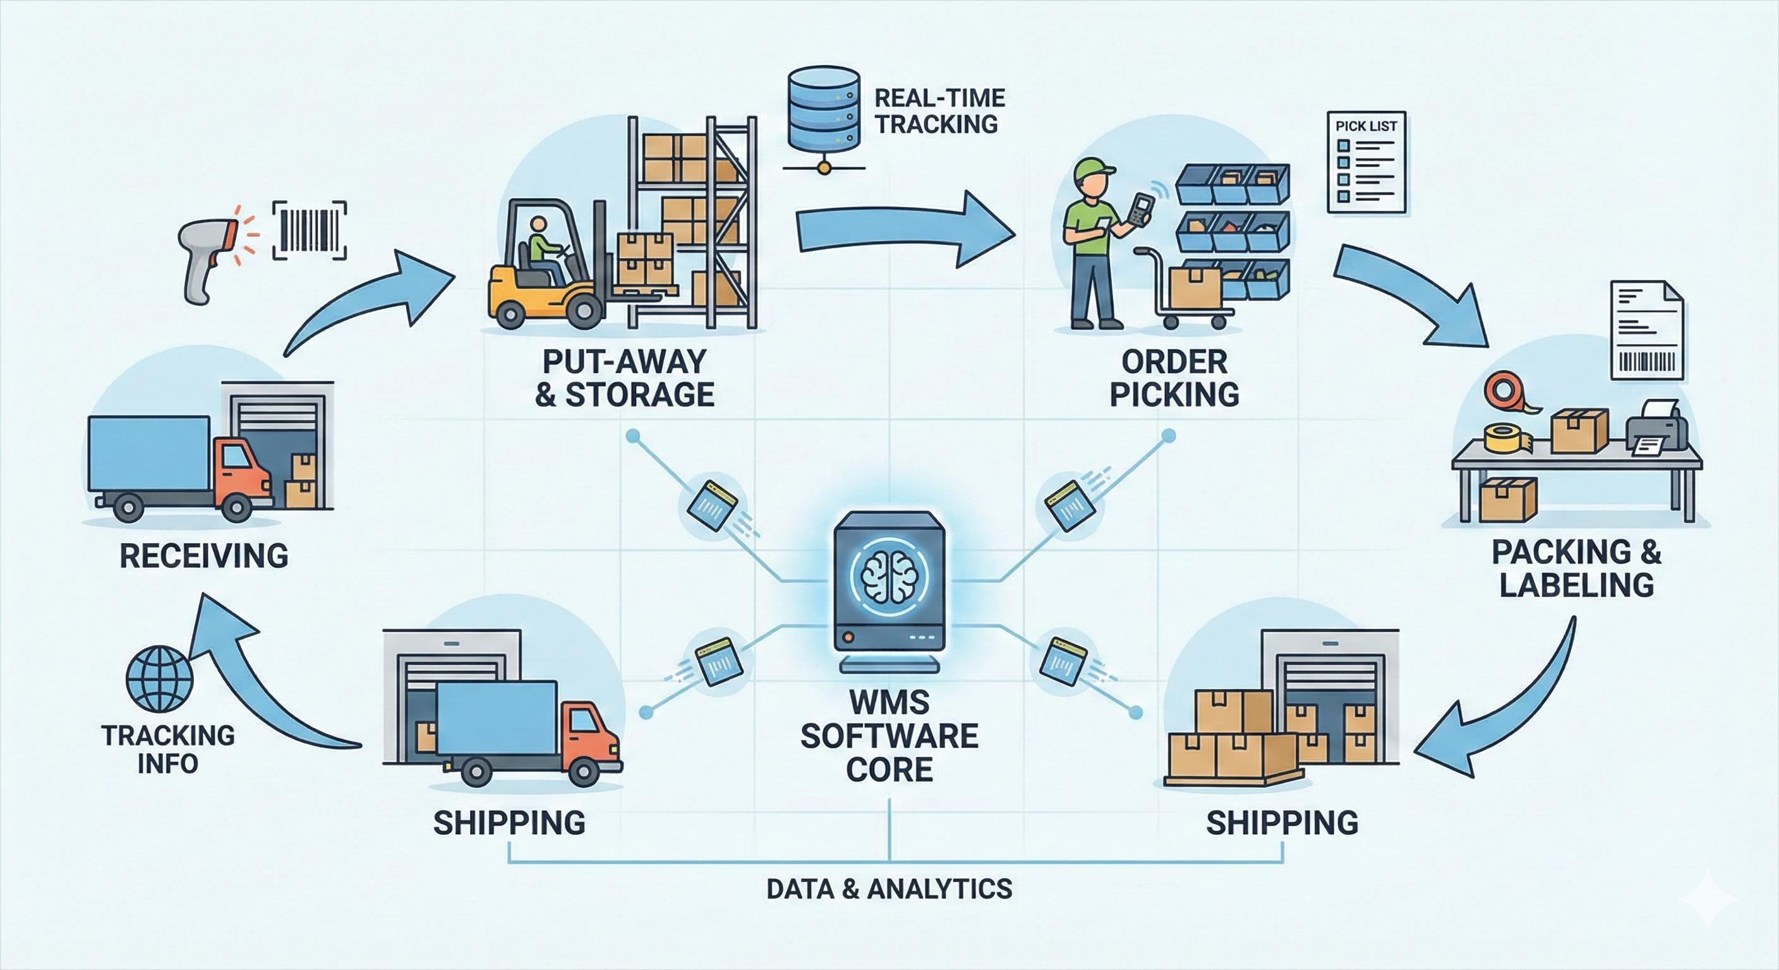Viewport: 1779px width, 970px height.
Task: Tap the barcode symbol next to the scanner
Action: point(310,231)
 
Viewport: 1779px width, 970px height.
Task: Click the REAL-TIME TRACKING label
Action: point(939,111)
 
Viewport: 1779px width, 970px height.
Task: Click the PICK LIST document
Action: point(1366,162)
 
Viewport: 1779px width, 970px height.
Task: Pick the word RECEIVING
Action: point(203,556)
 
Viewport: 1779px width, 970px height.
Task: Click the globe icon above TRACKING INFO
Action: point(160,680)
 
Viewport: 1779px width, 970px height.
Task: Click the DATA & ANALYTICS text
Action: point(889,889)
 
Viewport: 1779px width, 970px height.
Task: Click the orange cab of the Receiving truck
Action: point(242,469)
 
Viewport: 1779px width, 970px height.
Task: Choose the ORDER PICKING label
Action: point(1174,378)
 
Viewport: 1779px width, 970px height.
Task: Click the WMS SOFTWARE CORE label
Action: point(889,736)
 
